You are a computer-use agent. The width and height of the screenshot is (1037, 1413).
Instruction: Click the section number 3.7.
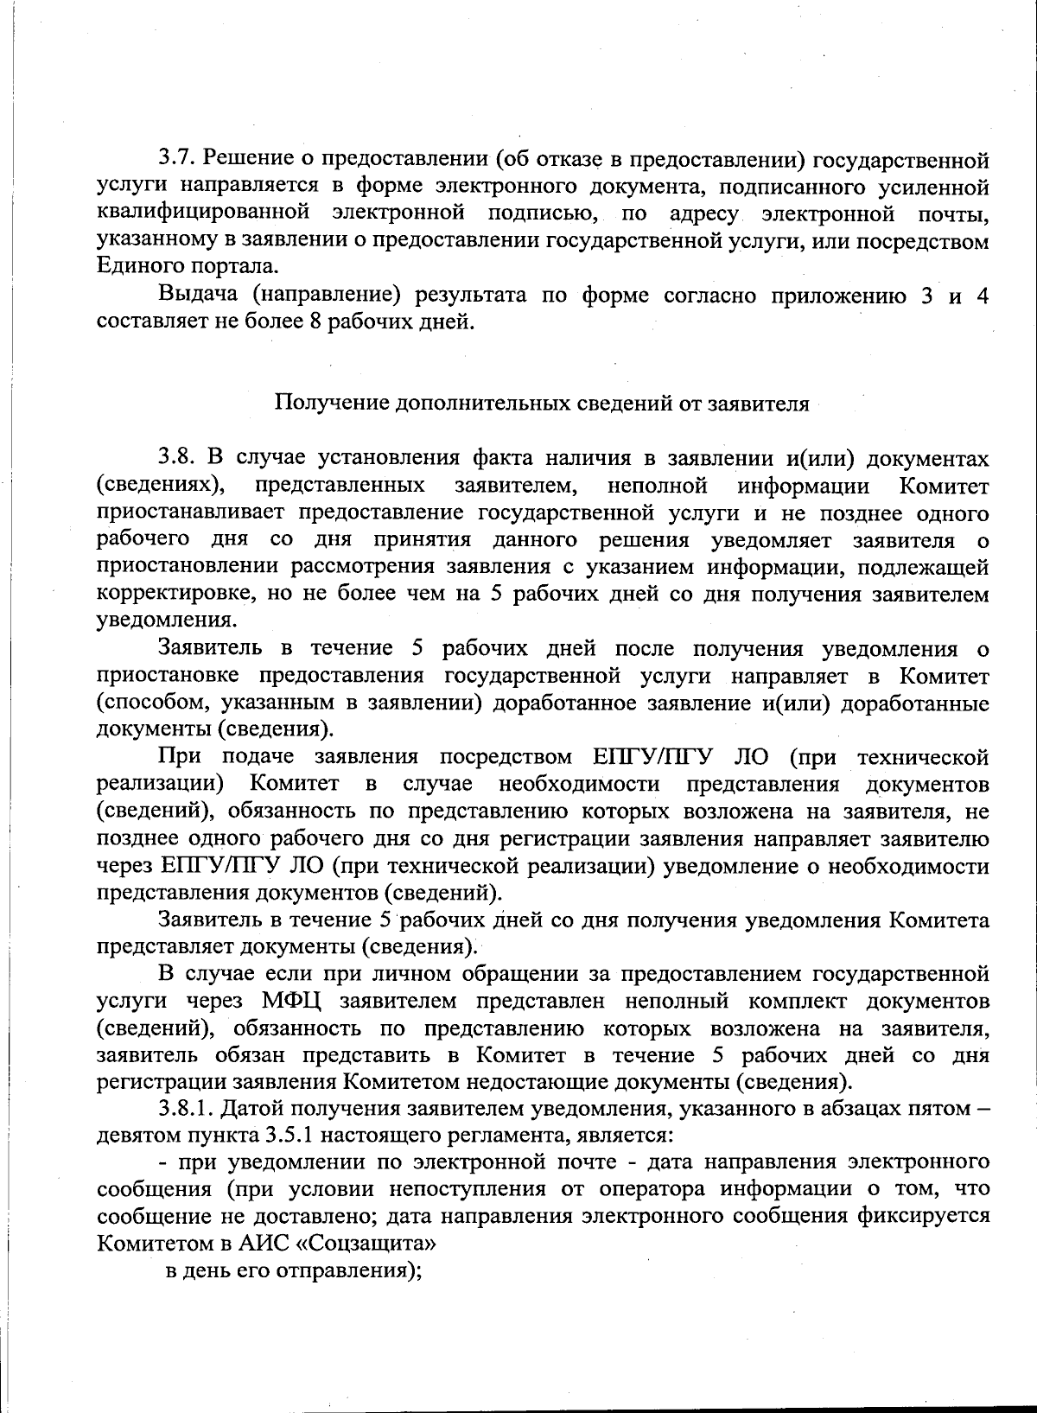(176, 160)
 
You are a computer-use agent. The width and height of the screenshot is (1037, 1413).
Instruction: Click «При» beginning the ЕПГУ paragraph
(180, 757)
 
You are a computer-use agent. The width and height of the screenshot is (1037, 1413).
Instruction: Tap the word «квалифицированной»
(203, 213)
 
